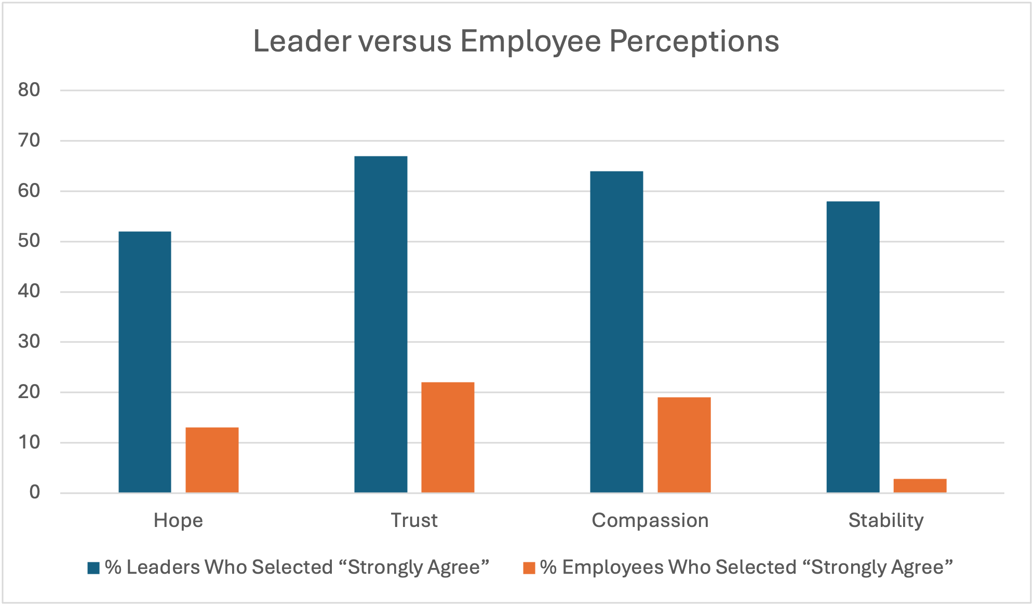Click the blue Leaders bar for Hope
click(145, 362)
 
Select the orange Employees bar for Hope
click(212, 460)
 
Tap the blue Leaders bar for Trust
click(381, 324)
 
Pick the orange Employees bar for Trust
click(448, 437)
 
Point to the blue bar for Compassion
click(616, 332)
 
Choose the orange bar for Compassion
click(684, 445)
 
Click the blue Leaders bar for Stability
click(853, 347)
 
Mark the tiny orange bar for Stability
click(920, 485)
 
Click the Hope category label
click(178, 520)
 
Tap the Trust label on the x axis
click(414, 520)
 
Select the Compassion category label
click(650, 520)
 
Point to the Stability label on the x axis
click(886, 520)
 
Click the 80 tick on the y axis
click(29, 90)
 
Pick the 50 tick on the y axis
click(29, 241)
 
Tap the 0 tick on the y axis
click(34, 492)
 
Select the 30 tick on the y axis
click(29, 341)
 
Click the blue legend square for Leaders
click(93, 568)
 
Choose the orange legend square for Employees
click(529, 568)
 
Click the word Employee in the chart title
click(530, 42)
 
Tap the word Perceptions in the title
click(694, 42)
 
